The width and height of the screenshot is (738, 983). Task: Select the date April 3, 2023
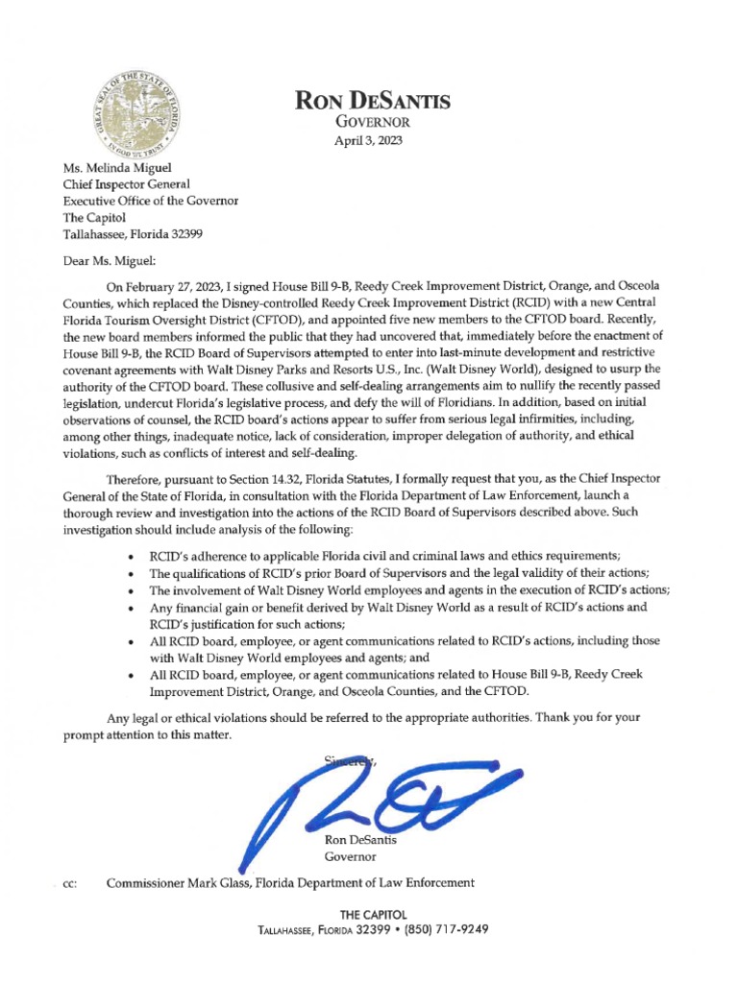(x=369, y=140)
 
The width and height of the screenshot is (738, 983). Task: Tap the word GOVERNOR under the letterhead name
(x=370, y=122)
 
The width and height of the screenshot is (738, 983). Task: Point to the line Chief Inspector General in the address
(x=126, y=183)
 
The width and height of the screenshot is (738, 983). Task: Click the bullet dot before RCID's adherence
(x=131, y=556)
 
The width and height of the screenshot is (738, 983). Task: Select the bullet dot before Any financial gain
(x=131, y=608)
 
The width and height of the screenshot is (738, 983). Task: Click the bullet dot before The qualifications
(x=131, y=573)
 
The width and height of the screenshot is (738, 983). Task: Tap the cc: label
(x=56, y=882)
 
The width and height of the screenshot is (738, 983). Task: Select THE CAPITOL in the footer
(x=369, y=914)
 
